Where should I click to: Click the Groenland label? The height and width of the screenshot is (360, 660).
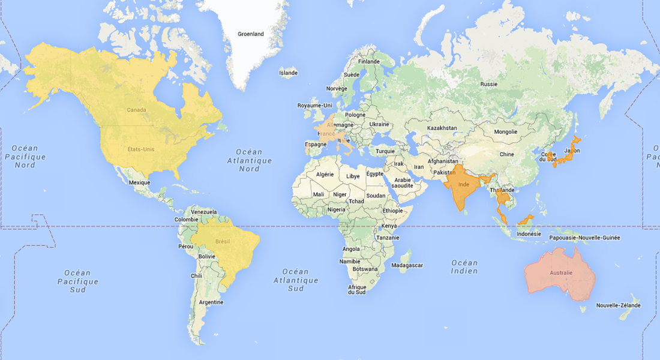(x=250, y=34)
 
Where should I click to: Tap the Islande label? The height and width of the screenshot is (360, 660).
(x=288, y=73)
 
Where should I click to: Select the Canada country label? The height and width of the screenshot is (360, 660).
(x=137, y=110)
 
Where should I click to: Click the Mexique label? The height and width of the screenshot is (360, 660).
(x=139, y=182)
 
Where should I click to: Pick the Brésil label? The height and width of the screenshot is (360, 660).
(x=223, y=241)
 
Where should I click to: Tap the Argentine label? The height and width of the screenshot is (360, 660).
(x=211, y=302)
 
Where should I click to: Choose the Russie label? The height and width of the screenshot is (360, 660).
(x=489, y=84)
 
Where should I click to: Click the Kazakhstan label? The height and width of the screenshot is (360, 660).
(x=442, y=128)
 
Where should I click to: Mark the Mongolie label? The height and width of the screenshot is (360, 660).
(x=505, y=132)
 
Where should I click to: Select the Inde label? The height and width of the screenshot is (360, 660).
(x=463, y=184)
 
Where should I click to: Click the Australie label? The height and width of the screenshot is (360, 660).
(x=561, y=273)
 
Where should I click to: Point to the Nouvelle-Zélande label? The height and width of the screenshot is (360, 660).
(x=618, y=305)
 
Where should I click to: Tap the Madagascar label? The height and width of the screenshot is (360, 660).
(x=407, y=265)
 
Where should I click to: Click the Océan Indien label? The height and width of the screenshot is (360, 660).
(x=464, y=267)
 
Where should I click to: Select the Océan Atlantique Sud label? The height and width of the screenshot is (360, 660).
(x=296, y=280)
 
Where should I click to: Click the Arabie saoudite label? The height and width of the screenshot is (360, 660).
(x=402, y=182)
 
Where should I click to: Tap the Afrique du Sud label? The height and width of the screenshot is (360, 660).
(x=357, y=290)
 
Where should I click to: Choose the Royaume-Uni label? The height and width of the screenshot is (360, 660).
(x=314, y=106)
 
